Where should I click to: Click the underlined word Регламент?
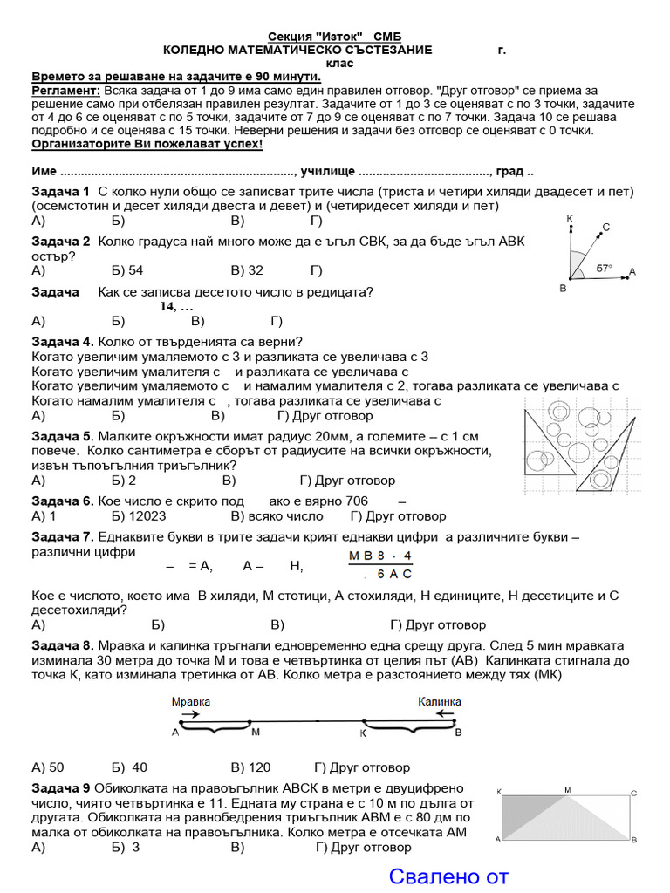tap(65, 91)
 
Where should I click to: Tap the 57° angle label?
tap(604, 269)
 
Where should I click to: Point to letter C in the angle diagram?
tap(605, 228)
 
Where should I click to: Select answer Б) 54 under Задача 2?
tap(127, 270)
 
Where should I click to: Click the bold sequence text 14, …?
tap(176, 307)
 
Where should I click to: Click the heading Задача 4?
tap(63, 341)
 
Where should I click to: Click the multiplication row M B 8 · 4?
tap(380, 556)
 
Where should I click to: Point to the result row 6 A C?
tap(389, 574)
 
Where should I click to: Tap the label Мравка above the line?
tap(190, 701)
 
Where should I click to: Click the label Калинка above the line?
tap(439, 701)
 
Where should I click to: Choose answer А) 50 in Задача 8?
tap(48, 767)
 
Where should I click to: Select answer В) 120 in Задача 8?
tap(250, 767)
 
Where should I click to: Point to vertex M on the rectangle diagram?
tap(568, 790)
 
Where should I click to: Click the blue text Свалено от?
tap(448, 876)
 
